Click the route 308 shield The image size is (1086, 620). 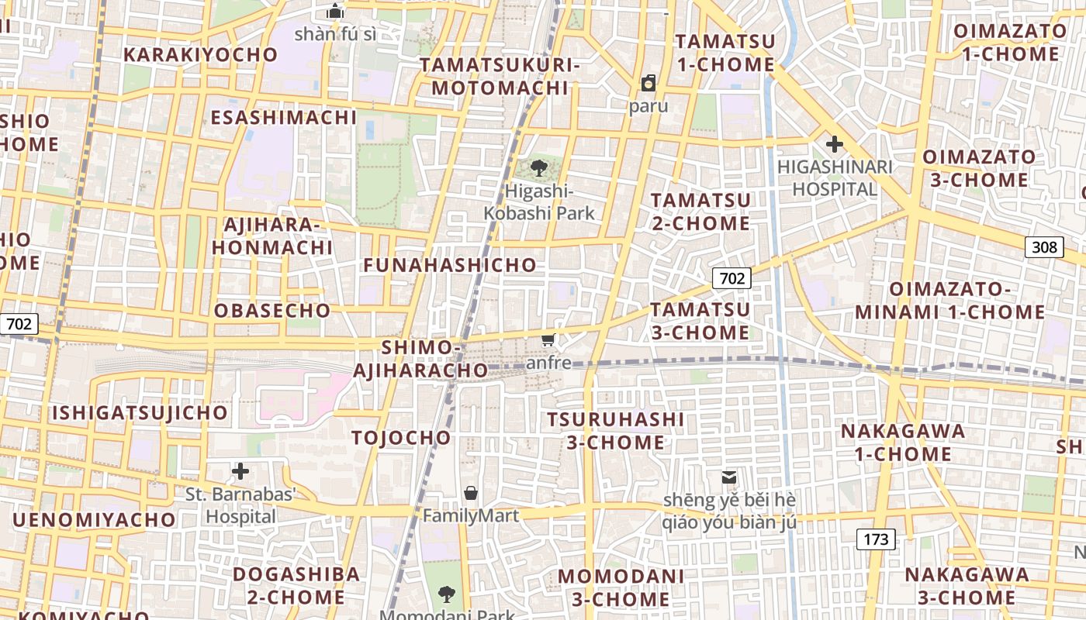pyautogui.click(x=1044, y=247)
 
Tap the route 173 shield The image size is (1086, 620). pyautogui.click(x=876, y=539)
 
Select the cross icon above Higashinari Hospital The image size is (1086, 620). pyautogui.click(x=834, y=144)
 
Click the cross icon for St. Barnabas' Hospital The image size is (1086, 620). pyautogui.click(x=240, y=470)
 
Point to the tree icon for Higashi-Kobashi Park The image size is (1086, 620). pyautogui.click(x=538, y=167)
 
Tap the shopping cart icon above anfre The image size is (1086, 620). pyautogui.click(x=548, y=340)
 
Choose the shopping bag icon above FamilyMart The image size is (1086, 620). pyautogui.click(x=470, y=493)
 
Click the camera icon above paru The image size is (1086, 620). pyautogui.click(x=648, y=83)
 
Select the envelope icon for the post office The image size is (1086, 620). pyautogui.click(x=729, y=477)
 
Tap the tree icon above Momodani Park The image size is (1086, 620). pyautogui.click(x=446, y=594)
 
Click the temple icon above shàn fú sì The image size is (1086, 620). pyautogui.click(x=335, y=11)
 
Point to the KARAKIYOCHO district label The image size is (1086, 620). pyautogui.click(x=200, y=55)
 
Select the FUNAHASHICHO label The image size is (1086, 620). pyautogui.click(x=450, y=265)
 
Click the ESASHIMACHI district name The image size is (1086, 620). pyautogui.click(x=284, y=118)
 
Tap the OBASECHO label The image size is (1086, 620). pyautogui.click(x=272, y=311)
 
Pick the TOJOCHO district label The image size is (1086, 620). pyautogui.click(x=401, y=438)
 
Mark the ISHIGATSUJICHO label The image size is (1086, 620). pyautogui.click(x=140, y=412)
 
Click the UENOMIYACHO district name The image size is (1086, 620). pyautogui.click(x=94, y=519)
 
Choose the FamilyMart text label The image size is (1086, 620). pyautogui.click(x=470, y=515)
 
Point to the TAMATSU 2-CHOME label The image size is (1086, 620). pyautogui.click(x=700, y=212)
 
